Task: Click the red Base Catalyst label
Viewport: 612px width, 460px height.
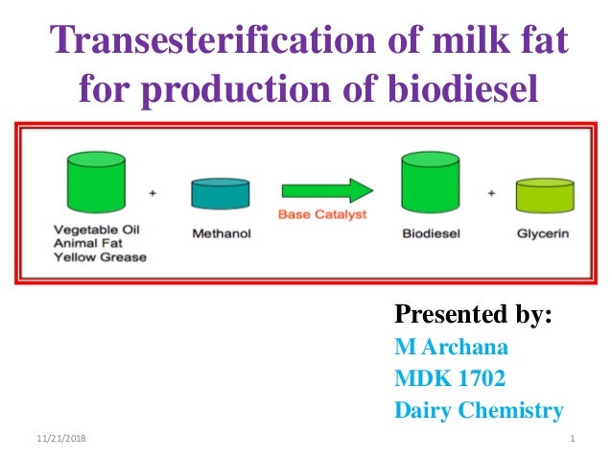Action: point(322,214)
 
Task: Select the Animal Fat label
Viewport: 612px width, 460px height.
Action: point(83,243)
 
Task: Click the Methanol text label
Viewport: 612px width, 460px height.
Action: point(220,231)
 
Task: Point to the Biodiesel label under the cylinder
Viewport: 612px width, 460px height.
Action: point(428,231)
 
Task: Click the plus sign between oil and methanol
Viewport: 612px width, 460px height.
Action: point(153,191)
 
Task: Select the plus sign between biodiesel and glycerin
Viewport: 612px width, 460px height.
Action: point(491,191)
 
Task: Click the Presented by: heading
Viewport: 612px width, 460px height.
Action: point(473,315)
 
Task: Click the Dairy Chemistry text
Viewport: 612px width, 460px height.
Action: point(479,411)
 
